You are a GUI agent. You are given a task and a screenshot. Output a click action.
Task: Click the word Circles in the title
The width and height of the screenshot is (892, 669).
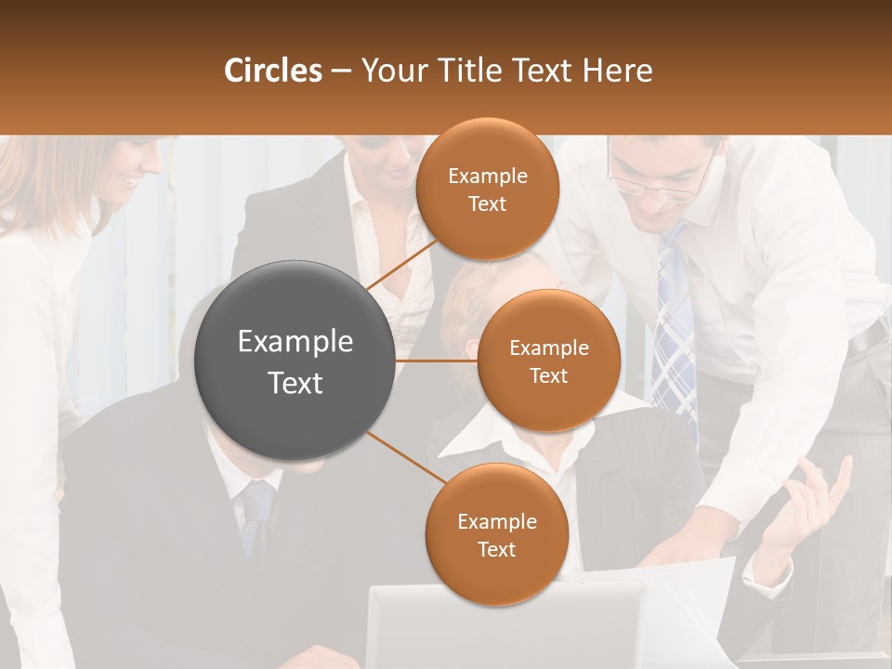click(273, 71)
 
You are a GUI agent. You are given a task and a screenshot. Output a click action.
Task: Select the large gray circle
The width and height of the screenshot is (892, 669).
click(295, 361)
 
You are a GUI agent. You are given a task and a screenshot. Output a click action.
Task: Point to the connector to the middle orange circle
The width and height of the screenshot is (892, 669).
click(437, 361)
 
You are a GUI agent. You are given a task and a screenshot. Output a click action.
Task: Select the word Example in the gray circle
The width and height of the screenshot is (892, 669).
click(295, 342)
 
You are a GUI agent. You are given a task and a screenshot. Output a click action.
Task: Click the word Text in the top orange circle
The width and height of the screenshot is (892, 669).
click(487, 203)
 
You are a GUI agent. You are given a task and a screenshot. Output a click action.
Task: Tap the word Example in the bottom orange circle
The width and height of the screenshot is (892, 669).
click(496, 522)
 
